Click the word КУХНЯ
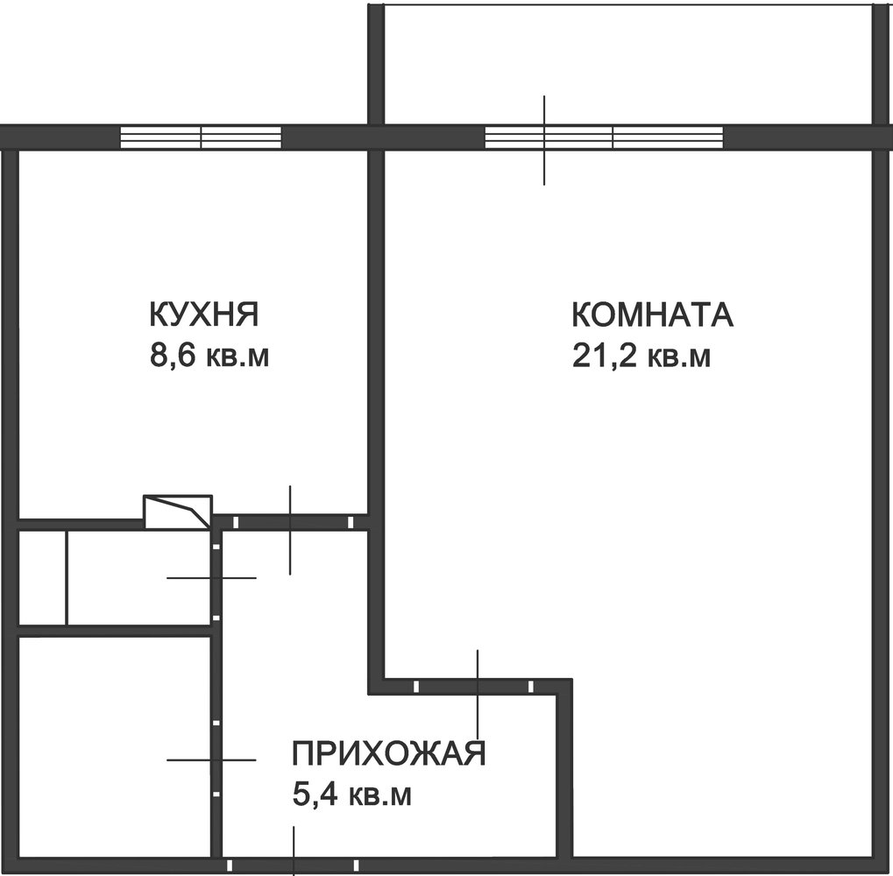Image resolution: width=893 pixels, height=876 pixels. (x=204, y=314)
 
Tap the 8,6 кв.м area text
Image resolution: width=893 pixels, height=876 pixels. (x=209, y=356)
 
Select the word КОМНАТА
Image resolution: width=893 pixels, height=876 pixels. (x=653, y=314)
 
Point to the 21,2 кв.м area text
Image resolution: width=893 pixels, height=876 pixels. (x=641, y=357)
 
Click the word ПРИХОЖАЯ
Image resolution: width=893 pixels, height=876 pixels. (x=388, y=753)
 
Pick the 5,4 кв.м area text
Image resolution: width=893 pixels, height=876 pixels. (x=351, y=795)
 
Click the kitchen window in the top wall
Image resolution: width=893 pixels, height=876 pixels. (x=201, y=138)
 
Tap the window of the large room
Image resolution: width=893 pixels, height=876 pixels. (x=604, y=138)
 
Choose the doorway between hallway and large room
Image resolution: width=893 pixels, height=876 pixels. (x=473, y=686)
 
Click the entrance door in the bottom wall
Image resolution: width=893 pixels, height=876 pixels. (x=292, y=865)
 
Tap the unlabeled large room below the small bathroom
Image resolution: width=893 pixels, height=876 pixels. (x=115, y=746)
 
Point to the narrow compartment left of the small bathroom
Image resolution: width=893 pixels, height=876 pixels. (x=43, y=578)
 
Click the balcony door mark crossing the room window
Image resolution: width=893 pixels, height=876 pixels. (x=544, y=140)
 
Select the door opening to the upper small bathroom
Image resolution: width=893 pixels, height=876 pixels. (x=216, y=581)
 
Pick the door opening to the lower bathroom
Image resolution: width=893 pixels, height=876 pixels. (x=216, y=758)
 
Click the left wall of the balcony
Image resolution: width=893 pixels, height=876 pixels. (x=376, y=64)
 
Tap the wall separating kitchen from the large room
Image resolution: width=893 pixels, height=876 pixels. (x=376, y=332)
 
